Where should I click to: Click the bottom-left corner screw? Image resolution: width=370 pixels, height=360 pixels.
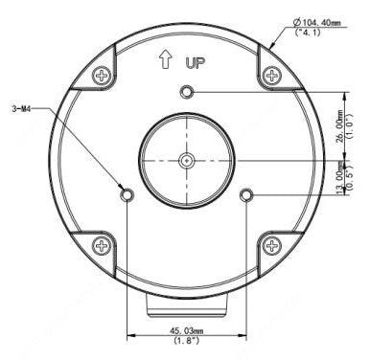coord(101,247)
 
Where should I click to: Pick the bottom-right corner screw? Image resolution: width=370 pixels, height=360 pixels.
coord(272,247)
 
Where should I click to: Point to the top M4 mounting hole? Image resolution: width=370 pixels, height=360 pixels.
coord(187,92)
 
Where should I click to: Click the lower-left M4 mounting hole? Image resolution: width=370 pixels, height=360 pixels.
coord(127,195)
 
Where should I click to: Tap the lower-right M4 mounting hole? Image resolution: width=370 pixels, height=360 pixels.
coord(246,195)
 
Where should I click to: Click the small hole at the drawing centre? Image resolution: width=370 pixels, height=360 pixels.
coord(187,161)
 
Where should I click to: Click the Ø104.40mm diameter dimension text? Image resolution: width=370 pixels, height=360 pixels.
coord(321,25)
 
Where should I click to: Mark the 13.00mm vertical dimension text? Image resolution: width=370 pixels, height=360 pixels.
coord(339,177)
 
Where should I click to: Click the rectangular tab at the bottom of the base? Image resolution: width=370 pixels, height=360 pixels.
coord(186,305)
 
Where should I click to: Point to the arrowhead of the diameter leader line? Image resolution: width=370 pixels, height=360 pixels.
coord(270,47)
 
